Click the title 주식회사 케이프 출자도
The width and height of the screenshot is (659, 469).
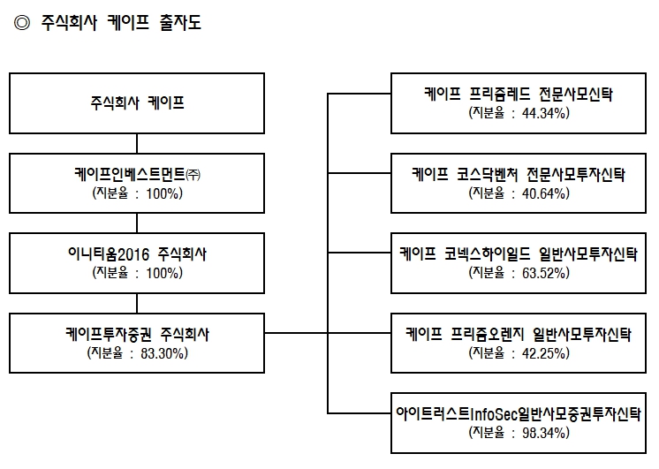[x=120, y=24]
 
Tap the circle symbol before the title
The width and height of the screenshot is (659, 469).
[x=22, y=24]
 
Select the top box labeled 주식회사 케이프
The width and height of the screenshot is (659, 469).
[x=137, y=102]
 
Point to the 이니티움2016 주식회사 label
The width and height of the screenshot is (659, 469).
[x=137, y=254]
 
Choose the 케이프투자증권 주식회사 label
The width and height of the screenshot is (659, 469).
[x=137, y=336]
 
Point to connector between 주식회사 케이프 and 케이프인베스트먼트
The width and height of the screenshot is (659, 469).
[x=137, y=143]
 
